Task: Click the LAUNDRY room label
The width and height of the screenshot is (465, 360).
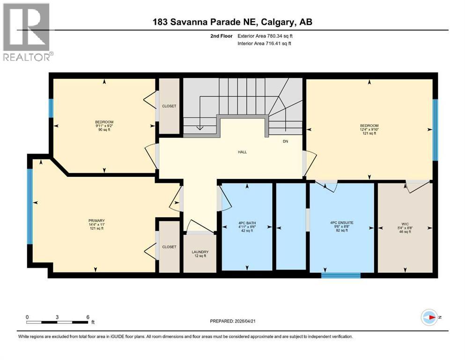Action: tap(199, 252)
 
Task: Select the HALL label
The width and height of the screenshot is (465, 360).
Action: tap(242, 152)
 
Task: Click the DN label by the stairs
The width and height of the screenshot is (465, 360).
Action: tap(286, 142)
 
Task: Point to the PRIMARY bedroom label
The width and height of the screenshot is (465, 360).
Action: tap(96, 221)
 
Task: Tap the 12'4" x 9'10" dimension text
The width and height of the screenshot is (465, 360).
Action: tap(369, 129)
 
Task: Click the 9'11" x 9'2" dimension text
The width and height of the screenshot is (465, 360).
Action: tap(103, 126)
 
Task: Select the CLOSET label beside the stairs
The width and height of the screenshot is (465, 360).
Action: tap(169, 106)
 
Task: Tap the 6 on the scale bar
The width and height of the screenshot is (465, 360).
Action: tap(88, 317)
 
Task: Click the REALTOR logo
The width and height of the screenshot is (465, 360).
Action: tap(27, 32)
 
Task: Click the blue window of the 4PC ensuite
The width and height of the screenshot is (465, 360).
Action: tap(341, 276)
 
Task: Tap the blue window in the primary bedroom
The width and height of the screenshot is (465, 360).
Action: tap(30, 206)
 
